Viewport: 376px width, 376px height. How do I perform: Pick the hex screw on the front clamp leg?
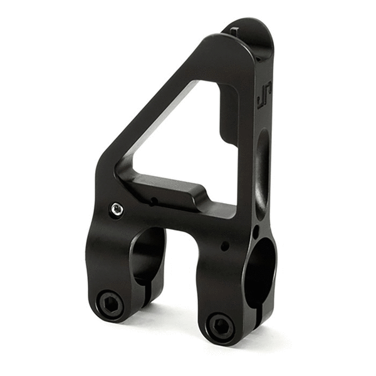click(x=219, y=325)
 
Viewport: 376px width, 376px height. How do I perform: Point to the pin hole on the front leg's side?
click(x=224, y=246)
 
